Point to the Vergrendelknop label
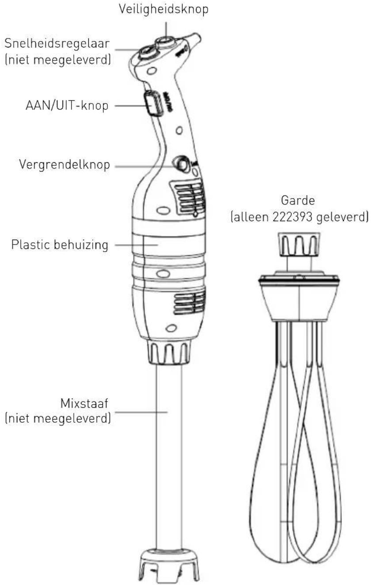click(x=65, y=164)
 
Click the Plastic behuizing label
click(x=60, y=245)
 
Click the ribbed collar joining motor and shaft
click(x=168, y=352)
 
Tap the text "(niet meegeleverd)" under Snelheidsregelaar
click(x=57, y=59)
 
